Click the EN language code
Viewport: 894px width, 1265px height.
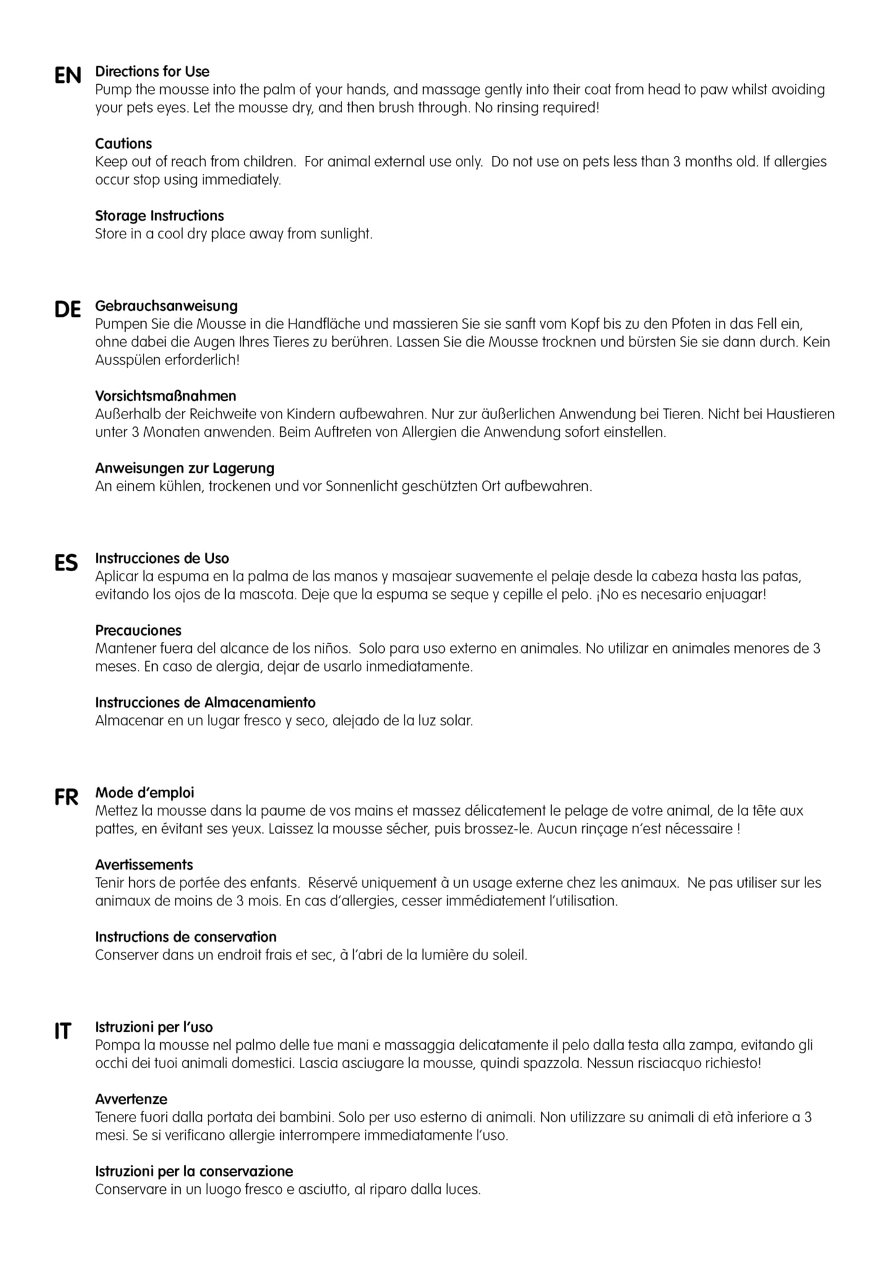point(67,76)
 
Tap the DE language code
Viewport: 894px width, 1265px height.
point(67,309)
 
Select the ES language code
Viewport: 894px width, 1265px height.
point(66,563)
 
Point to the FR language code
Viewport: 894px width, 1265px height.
point(66,798)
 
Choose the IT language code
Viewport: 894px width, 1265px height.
point(62,1032)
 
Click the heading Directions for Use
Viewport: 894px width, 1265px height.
point(152,71)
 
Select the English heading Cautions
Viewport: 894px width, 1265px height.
point(123,144)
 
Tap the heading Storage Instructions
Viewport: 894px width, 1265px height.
point(159,216)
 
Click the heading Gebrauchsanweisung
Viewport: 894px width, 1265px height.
point(166,306)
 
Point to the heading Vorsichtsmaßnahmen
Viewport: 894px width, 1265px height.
point(165,396)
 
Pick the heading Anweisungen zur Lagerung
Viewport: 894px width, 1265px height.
point(184,468)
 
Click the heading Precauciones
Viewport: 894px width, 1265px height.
point(138,631)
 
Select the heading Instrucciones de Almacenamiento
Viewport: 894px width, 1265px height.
point(205,702)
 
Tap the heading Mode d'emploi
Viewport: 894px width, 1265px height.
point(144,793)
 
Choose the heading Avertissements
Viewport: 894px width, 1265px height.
point(144,865)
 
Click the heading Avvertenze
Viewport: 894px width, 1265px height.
point(131,1099)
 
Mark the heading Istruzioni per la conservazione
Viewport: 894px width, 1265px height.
point(194,1172)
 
